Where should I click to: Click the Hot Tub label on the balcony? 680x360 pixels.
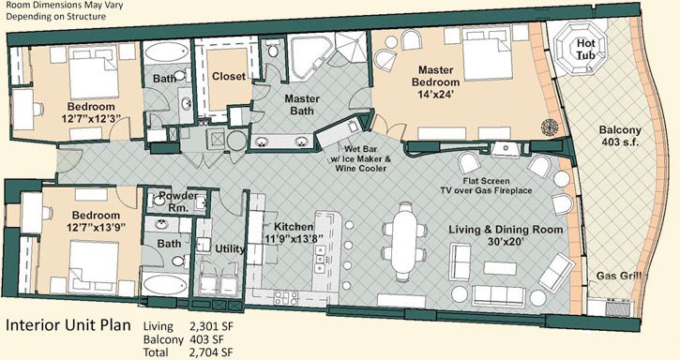(585, 49)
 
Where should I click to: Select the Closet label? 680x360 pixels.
(229, 76)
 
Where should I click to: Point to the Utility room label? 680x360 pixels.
(230, 248)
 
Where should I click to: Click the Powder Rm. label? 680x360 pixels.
(178, 202)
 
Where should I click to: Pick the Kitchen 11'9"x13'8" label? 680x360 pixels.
(294, 232)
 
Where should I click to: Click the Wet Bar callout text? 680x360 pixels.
(361, 158)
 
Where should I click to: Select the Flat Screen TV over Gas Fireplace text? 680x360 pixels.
(486, 186)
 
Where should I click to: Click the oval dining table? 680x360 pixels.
(403, 242)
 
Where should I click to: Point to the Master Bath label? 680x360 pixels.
(302, 105)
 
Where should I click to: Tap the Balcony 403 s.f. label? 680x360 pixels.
(620, 135)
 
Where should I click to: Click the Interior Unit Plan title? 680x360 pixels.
(68, 325)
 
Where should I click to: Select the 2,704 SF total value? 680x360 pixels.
(211, 352)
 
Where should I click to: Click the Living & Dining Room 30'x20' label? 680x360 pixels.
(506, 235)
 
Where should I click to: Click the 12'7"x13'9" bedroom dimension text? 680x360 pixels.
(96, 227)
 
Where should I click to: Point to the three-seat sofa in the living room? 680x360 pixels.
(499, 296)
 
